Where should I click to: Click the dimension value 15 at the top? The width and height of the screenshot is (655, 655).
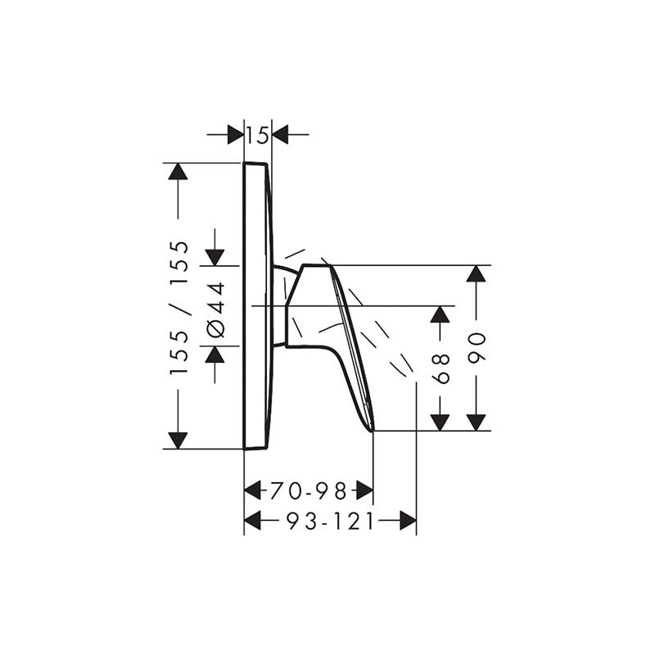257,135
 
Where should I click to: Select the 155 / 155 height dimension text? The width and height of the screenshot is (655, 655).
179,307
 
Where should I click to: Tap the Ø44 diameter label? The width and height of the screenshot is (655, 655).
216,309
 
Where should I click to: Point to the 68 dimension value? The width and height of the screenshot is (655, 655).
441,368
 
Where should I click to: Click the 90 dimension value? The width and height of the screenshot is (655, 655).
477,347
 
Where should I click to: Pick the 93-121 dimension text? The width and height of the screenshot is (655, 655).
330,521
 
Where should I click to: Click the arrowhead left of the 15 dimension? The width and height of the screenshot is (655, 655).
236,134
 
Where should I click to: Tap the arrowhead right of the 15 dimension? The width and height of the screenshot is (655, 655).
280,134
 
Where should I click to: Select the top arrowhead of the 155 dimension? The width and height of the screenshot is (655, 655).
178,171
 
